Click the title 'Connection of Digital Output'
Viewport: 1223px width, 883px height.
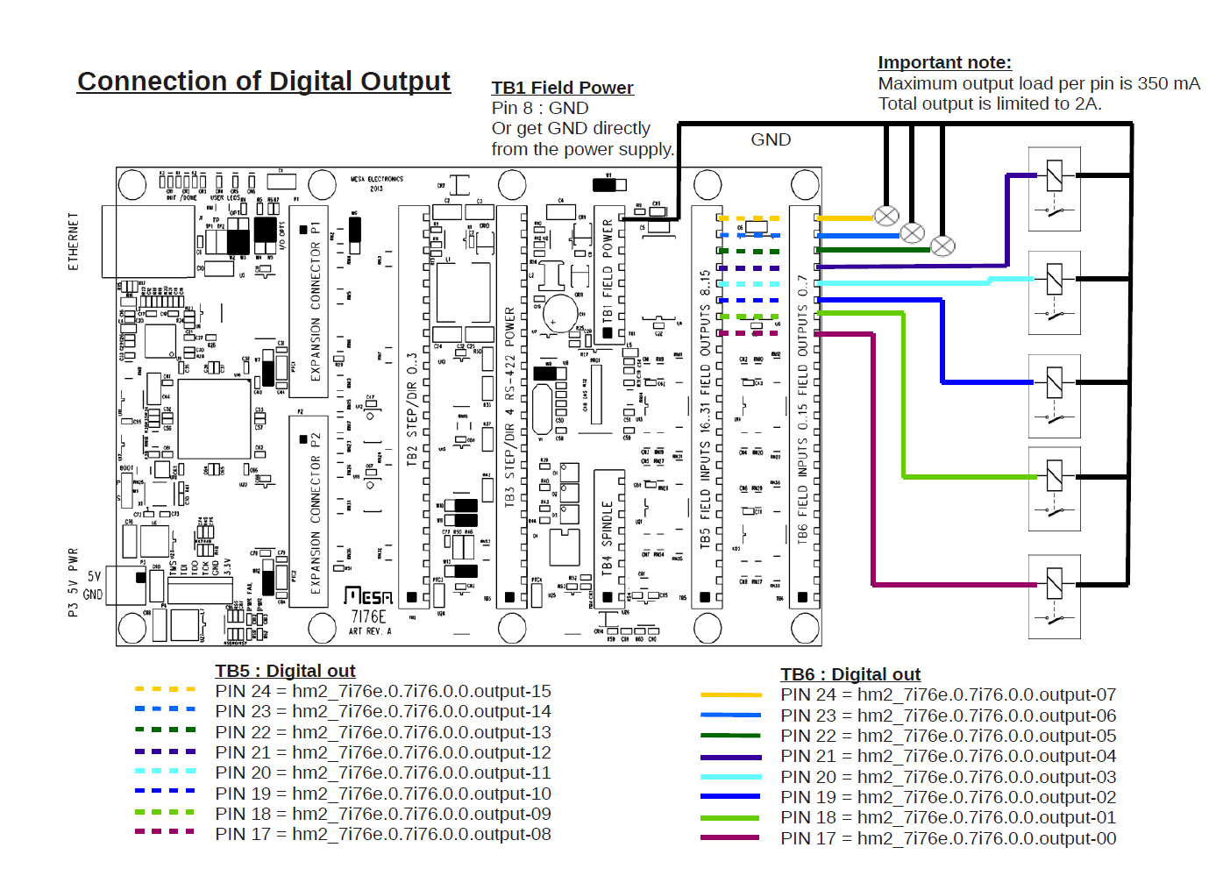[x=263, y=82]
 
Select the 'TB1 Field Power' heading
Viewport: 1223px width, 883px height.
[x=562, y=88]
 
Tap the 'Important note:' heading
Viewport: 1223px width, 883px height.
[x=944, y=62]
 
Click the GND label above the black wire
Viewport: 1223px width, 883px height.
[x=771, y=139]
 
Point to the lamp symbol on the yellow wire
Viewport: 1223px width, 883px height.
[x=886, y=216]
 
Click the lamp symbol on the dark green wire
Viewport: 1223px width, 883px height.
[x=942, y=246]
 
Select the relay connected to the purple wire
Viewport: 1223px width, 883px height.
[x=1054, y=189]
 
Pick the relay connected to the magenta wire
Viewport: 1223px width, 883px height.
[x=1054, y=595]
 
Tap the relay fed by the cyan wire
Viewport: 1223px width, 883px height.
[x=1054, y=292]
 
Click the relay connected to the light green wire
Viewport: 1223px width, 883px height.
[x=1054, y=488]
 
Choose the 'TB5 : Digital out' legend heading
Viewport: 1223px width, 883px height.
[x=285, y=671]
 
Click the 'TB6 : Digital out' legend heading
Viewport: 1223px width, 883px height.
[x=850, y=674]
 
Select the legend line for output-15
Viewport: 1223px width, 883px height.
[x=165, y=690]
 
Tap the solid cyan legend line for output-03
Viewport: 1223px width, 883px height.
[x=730, y=777]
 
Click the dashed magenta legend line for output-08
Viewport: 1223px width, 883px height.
[x=165, y=831]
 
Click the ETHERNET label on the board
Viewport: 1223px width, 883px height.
[x=74, y=240]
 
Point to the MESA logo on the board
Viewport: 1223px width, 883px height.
[x=368, y=596]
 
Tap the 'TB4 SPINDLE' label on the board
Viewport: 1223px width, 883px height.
[x=607, y=537]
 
